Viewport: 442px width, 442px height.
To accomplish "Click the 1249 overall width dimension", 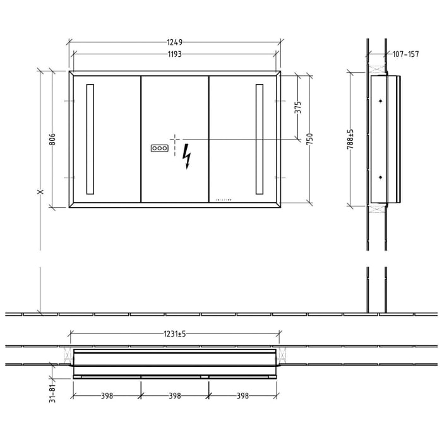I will pos(175,42).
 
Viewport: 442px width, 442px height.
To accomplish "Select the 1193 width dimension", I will pos(175,54).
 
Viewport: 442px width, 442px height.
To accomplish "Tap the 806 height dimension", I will pos(52,138).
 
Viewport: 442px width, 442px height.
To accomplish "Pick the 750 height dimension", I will pos(310,139).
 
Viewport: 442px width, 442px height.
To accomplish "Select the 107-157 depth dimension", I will pos(405,54).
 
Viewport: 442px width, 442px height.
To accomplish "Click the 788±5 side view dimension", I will pos(350,139).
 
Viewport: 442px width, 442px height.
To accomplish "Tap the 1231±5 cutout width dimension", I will pos(175,334).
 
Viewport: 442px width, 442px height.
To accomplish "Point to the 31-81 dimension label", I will pos(53,390).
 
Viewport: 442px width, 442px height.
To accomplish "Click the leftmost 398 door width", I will pos(107,396).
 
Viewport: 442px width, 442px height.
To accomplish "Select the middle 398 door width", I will pos(175,396).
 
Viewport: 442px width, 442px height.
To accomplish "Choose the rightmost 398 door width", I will pos(242,396).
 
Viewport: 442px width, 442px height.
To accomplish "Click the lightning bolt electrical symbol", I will pos(186,156).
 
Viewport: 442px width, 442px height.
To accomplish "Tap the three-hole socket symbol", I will pos(159,148).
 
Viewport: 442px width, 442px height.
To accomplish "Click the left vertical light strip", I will pos(90,139).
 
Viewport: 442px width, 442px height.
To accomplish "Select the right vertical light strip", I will pos(260,139).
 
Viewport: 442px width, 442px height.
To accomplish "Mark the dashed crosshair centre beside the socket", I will pos(174,139).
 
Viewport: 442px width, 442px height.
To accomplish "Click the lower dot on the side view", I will pos(380,177).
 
